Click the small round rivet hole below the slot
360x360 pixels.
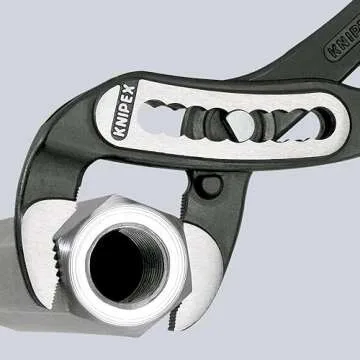208,186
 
